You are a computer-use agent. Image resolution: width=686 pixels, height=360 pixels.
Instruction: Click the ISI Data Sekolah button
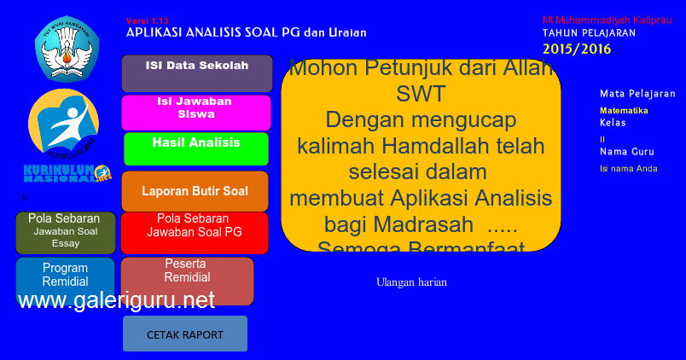[x=196, y=73]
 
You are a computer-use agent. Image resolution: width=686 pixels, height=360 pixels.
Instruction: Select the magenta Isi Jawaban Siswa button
[x=195, y=113]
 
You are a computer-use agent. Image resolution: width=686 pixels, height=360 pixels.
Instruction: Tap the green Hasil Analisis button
[x=195, y=148]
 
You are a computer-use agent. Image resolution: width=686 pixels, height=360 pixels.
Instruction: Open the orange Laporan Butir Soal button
[x=195, y=191]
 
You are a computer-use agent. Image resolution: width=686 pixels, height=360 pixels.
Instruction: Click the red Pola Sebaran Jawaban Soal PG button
[x=195, y=232]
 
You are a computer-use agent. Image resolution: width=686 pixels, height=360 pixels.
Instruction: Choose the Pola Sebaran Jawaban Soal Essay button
[x=65, y=232]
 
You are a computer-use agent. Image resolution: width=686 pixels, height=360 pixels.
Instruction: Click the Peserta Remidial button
[x=187, y=280]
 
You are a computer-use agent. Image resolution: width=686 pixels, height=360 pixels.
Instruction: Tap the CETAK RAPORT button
[x=185, y=334]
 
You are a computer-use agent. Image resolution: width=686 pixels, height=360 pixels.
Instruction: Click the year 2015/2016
[x=577, y=49]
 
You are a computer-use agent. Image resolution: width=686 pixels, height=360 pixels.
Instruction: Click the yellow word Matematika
[x=624, y=110]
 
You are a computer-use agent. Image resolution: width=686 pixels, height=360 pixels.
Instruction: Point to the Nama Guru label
[x=626, y=152]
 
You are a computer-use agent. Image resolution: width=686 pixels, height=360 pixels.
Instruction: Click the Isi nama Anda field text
[x=628, y=168]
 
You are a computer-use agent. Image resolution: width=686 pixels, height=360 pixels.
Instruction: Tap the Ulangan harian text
[x=411, y=282]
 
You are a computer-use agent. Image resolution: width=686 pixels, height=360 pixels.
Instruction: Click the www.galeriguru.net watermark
[x=116, y=300]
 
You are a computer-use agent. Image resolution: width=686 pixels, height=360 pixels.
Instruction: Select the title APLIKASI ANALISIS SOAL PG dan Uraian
[x=246, y=32]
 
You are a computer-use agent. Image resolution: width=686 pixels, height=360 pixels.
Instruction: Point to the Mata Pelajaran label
[x=637, y=94]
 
